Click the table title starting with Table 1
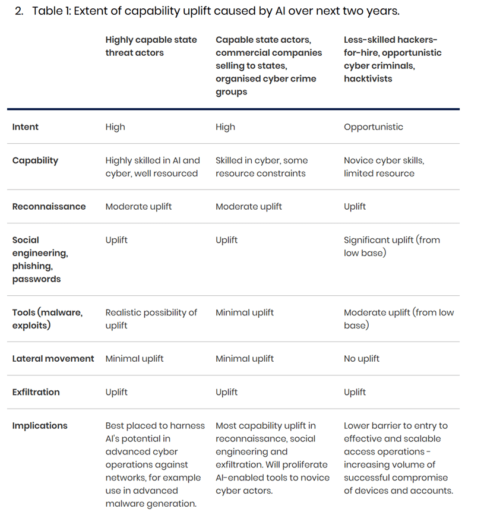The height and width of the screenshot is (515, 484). coord(216,11)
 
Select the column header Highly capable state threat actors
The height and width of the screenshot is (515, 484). coord(151,46)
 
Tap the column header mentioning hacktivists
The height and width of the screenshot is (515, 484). coord(392,59)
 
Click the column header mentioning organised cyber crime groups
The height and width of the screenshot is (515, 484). coord(268,65)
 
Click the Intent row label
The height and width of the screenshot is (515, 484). coord(25,127)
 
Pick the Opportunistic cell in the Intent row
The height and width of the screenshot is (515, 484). coord(373,127)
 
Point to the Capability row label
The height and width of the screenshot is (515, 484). coord(35,160)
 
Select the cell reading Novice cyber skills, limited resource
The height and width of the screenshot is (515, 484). coord(384,167)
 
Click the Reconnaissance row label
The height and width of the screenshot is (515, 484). coord(49,207)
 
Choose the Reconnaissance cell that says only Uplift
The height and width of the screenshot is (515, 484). coord(355,207)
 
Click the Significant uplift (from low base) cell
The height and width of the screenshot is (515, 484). coord(391,247)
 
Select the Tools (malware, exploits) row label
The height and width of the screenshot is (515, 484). coord(47,319)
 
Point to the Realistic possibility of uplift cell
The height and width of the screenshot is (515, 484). coord(151,319)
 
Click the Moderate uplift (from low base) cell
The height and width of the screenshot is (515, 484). coord(398,319)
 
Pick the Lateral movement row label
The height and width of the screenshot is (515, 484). coord(53,359)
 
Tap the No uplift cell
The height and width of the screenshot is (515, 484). coord(361,359)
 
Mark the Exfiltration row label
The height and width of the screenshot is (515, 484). coord(36,392)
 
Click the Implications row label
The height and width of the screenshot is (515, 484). coord(40,425)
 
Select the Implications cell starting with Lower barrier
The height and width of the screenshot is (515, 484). coord(398,458)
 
